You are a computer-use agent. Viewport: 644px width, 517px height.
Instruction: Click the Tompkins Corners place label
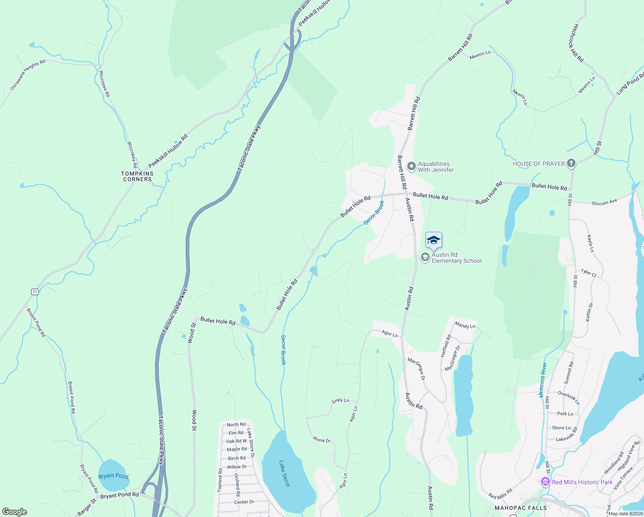click(137, 176)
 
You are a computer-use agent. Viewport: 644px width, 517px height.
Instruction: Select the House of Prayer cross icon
click(571, 163)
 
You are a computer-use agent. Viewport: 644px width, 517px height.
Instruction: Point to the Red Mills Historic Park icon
click(545, 482)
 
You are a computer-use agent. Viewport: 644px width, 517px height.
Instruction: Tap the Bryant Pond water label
click(113, 476)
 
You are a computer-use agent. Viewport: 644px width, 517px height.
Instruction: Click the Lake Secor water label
click(285, 473)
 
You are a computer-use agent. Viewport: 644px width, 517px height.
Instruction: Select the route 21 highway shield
click(35, 292)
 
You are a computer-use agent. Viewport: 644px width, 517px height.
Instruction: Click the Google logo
click(15, 511)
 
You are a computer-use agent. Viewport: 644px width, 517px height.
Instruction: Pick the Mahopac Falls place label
click(520, 508)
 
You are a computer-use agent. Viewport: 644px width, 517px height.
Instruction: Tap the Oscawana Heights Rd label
click(28, 75)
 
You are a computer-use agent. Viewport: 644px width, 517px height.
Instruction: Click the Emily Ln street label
click(340, 401)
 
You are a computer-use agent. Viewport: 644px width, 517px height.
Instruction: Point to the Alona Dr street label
click(322, 440)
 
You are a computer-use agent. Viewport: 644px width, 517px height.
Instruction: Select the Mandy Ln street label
click(465, 326)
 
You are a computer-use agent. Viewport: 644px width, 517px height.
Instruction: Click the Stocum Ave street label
click(604, 202)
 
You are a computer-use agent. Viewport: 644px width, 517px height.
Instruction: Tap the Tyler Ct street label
click(588, 273)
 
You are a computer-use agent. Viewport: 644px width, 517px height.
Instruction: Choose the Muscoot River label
click(543, 380)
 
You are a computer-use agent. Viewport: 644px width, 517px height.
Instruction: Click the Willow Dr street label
click(237, 467)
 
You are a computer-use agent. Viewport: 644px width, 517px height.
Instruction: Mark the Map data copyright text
click(625, 513)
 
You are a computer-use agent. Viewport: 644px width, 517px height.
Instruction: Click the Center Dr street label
click(244, 502)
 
